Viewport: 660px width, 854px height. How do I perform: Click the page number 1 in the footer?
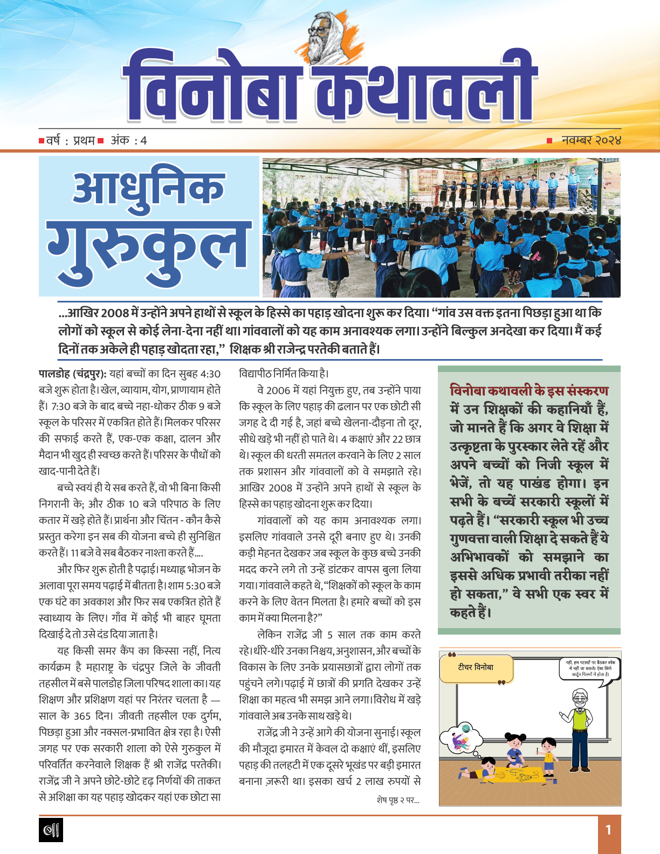608,830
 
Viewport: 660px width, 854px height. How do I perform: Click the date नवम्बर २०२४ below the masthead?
591,140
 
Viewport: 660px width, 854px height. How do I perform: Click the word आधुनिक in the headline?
148,189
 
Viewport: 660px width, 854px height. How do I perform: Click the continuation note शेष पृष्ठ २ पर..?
398,800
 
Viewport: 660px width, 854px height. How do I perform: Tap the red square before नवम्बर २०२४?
549,141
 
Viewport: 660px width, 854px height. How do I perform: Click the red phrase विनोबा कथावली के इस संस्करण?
529,391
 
